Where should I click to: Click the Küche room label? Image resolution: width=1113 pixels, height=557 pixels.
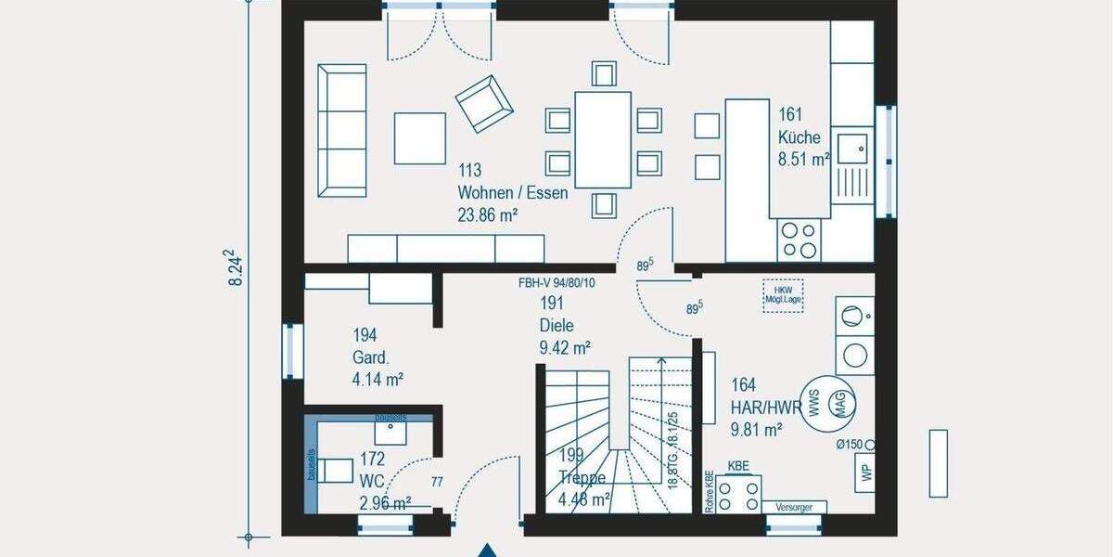point(799,137)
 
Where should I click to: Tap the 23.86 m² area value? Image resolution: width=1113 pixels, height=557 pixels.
point(487,214)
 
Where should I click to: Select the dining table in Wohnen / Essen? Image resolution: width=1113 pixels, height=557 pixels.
point(602,139)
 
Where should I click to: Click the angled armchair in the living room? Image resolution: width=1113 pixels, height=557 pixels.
point(483,102)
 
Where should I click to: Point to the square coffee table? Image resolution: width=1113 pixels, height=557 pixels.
point(419,138)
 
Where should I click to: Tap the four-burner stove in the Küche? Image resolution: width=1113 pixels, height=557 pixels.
point(799,239)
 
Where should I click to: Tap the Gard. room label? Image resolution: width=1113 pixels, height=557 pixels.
point(364,356)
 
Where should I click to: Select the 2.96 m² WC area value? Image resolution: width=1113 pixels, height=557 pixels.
point(385,503)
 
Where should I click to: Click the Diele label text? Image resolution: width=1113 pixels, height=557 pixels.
point(556,326)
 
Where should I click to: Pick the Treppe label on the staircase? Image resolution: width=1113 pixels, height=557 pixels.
point(582,479)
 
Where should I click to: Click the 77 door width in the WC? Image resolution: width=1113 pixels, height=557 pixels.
point(437,482)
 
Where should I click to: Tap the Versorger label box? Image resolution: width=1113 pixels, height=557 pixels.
point(794,507)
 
